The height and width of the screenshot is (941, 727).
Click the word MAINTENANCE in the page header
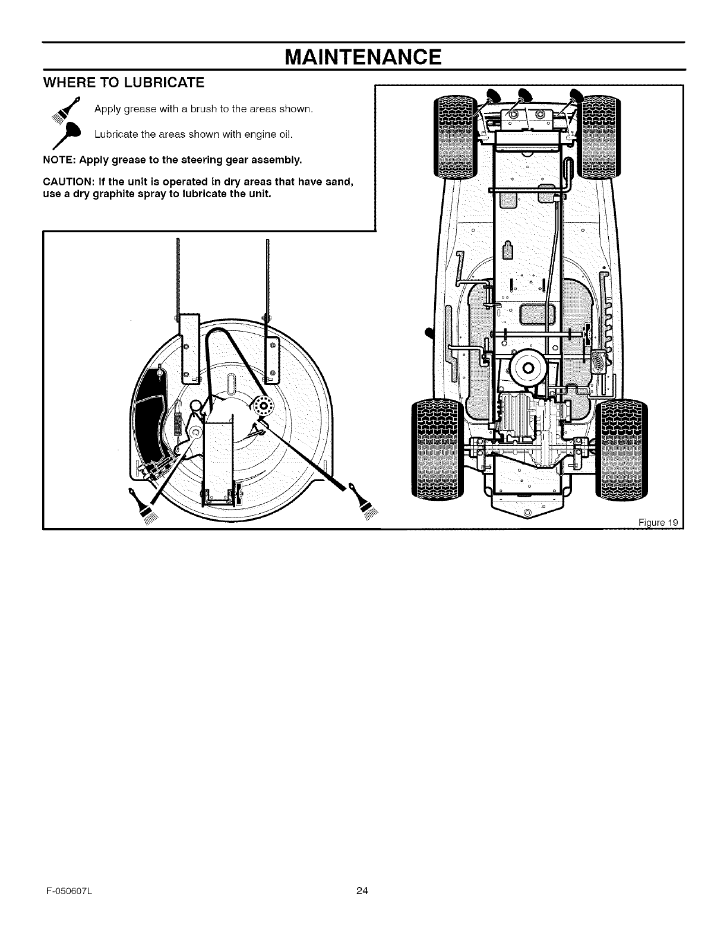(363, 57)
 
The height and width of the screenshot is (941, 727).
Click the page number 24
(363, 890)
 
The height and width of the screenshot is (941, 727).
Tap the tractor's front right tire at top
(599, 136)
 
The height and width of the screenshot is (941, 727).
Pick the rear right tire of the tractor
(621, 448)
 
